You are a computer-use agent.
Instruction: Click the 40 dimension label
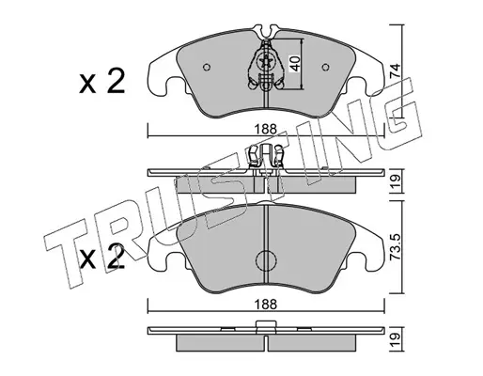[x=296, y=64]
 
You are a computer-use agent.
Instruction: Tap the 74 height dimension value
[x=395, y=70]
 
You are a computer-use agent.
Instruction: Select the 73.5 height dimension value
[x=396, y=247]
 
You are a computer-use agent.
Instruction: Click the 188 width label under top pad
[x=266, y=129]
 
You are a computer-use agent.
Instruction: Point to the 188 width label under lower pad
[x=266, y=305]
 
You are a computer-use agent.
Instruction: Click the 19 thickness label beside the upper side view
[x=396, y=180]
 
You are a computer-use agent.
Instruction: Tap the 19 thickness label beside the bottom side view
[x=396, y=338]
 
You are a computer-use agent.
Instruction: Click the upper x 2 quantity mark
[x=102, y=82]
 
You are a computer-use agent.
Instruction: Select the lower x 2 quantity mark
[x=102, y=257]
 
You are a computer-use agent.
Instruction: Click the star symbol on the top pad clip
[x=266, y=62]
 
